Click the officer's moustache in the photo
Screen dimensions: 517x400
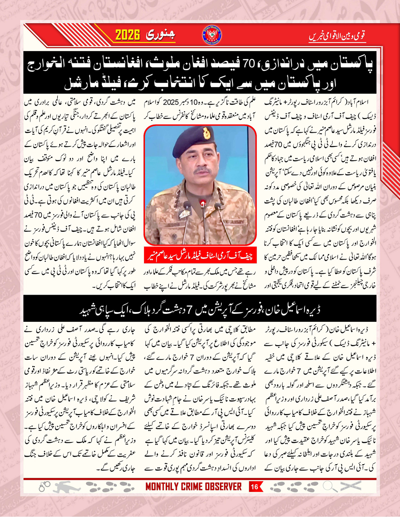click(x=202, y=170)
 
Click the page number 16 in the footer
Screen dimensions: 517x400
click(x=255, y=487)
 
